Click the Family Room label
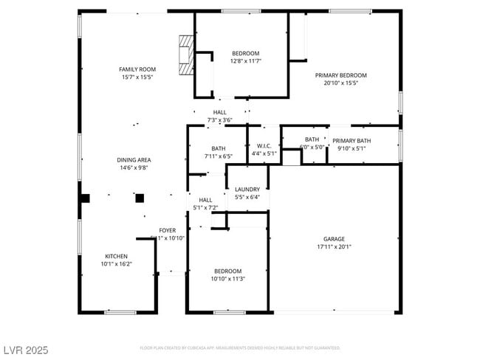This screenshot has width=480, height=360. (x=137, y=69)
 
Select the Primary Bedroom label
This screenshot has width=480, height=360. (x=340, y=75)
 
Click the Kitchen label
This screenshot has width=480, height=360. (x=117, y=255)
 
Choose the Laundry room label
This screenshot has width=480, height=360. (x=247, y=190)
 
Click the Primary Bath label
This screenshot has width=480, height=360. (x=352, y=141)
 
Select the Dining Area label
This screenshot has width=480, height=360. (x=134, y=159)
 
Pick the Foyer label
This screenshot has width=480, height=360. (x=167, y=230)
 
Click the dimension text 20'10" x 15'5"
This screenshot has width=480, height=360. (x=340, y=83)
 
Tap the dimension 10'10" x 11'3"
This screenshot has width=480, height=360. (x=227, y=279)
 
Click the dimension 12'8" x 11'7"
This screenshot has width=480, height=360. (x=245, y=61)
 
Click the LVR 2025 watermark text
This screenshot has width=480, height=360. (x=26, y=350)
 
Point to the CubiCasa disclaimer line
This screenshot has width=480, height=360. (x=239, y=347)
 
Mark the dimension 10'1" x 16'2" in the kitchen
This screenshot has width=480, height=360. (x=117, y=263)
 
